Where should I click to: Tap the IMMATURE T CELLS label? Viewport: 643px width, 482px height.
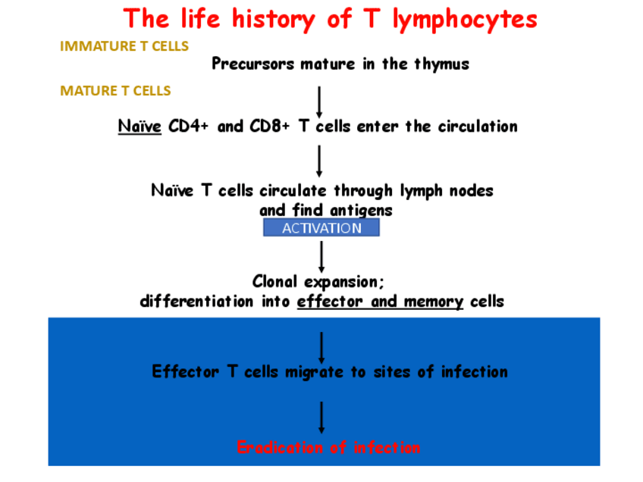click(x=124, y=46)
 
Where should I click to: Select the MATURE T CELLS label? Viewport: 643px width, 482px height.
click(x=115, y=91)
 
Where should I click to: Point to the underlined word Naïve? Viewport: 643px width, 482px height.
click(x=140, y=127)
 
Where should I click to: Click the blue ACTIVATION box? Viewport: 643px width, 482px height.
click(x=321, y=228)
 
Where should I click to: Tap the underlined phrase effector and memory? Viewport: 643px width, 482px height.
click(x=380, y=302)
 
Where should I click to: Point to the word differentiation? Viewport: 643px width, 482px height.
click(x=197, y=302)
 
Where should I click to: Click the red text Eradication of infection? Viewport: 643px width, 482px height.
click(x=328, y=448)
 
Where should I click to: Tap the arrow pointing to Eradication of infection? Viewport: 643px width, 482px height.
click(x=322, y=417)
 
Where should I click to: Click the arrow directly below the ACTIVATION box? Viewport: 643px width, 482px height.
click(x=322, y=256)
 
